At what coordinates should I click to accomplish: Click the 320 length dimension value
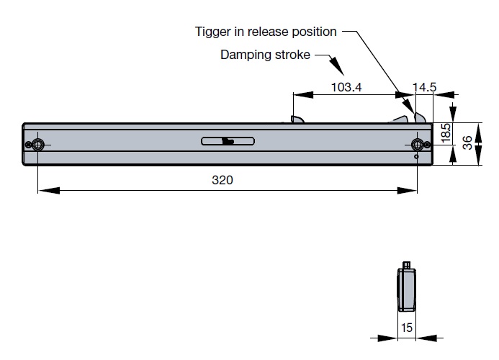(x=222, y=180)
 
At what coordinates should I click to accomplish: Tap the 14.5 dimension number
(x=424, y=87)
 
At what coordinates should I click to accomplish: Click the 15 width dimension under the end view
(x=407, y=328)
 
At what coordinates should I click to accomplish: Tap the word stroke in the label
(x=291, y=55)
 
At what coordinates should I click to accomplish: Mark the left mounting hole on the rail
(x=37, y=144)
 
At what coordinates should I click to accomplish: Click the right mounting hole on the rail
(x=417, y=143)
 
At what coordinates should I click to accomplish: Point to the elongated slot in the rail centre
(x=228, y=140)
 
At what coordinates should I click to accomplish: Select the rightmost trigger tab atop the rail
(x=421, y=118)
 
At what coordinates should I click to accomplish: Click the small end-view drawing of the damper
(x=407, y=287)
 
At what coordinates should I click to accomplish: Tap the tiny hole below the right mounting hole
(x=416, y=156)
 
